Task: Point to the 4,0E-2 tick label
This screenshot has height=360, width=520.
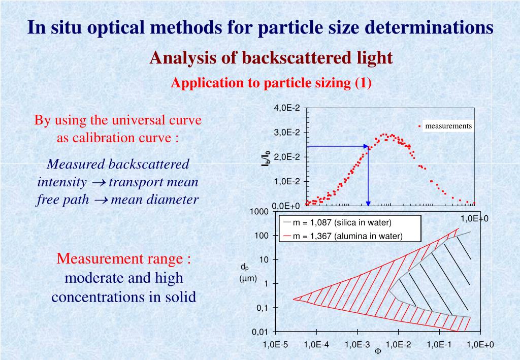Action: (x=287, y=108)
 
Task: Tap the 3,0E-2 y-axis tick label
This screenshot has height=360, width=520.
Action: (x=287, y=133)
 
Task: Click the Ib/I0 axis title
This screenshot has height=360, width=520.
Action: (x=265, y=159)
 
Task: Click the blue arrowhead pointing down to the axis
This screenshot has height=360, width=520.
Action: (x=369, y=204)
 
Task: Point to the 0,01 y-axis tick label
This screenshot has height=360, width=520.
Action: (x=259, y=332)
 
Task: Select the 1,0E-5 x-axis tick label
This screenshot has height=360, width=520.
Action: (x=275, y=345)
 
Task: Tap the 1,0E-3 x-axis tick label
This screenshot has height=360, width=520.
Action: (x=357, y=345)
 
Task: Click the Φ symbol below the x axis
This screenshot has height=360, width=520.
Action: (x=377, y=351)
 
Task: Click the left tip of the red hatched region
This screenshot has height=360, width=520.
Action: (x=294, y=299)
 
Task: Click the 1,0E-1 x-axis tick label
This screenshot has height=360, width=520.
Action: (x=439, y=345)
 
